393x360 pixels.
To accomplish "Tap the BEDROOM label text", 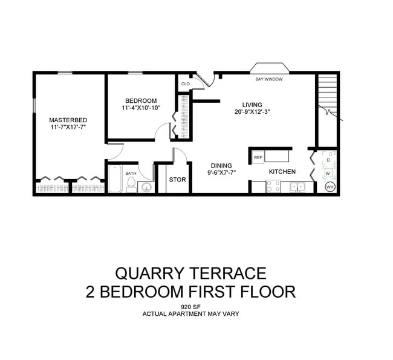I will (141, 100).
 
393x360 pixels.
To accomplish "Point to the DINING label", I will (221, 165).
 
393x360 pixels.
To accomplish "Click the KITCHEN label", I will (282, 172).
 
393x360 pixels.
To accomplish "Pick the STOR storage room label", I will (177, 180).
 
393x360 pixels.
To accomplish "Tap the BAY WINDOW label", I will (270, 79).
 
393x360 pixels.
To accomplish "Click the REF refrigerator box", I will (258, 157).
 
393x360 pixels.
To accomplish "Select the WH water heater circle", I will (330, 187).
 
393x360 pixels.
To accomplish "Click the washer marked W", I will (328, 173).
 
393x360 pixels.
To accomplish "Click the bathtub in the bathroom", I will (115, 180).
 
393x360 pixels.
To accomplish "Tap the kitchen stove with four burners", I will (273, 187).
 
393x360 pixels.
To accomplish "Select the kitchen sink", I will (297, 187).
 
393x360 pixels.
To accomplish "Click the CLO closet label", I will (185, 84).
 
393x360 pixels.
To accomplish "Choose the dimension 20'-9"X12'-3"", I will (252, 112).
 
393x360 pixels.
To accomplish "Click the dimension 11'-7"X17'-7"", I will (68, 128).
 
